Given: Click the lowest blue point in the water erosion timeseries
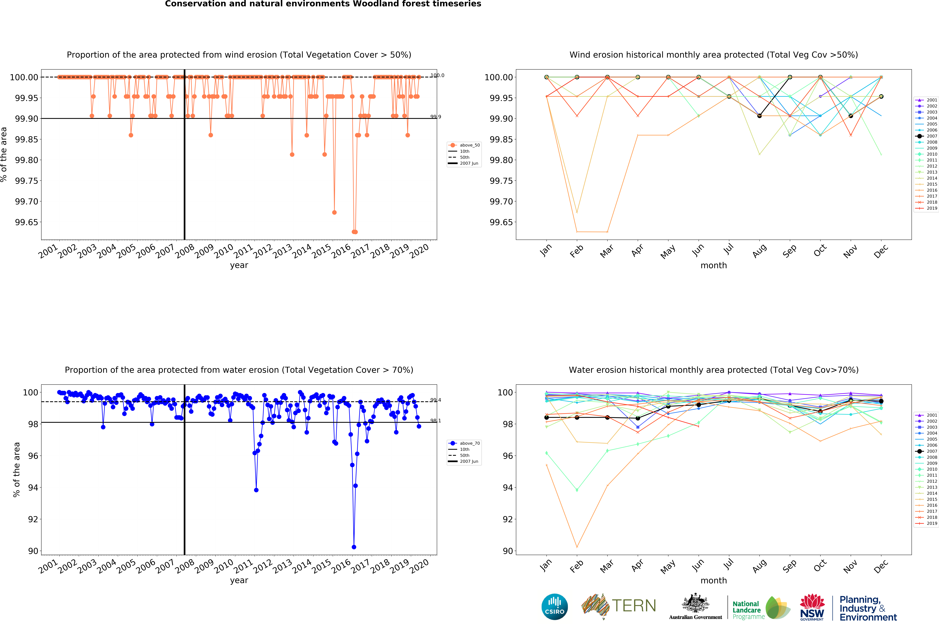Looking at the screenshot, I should [x=354, y=547].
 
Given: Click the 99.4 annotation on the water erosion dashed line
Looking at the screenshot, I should [x=436, y=400].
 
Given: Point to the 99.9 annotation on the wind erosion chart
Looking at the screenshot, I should [x=436, y=117].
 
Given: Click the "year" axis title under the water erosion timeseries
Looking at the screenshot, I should [x=239, y=580].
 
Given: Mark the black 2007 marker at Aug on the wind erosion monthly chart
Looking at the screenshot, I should [x=759, y=116].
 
